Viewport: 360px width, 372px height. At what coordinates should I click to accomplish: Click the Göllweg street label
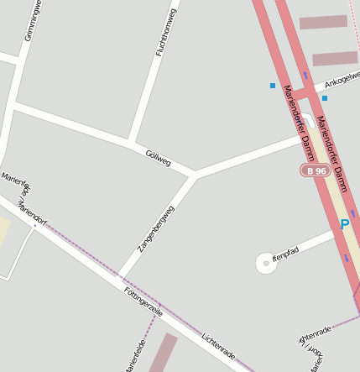tap(158, 157)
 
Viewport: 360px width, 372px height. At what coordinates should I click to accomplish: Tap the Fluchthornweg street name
tap(166, 32)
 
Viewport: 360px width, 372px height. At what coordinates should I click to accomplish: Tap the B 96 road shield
tap(316, 170)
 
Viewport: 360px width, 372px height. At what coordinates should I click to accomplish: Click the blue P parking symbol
tap(344, 225)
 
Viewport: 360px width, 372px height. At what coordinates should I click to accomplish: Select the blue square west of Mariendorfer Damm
tap(272, 86)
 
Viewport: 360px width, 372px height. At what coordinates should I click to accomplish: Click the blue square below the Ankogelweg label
tap(325, 98)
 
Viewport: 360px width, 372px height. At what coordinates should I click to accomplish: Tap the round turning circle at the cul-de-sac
tap(266, 263)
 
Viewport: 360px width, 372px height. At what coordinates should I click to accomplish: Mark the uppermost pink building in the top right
tap(323, 22)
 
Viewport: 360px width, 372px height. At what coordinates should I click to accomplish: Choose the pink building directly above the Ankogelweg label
tap(335, 59)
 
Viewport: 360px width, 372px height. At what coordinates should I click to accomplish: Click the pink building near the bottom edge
tap(162, 353)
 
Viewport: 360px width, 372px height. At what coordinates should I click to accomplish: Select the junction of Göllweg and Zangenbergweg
tap(195, 176)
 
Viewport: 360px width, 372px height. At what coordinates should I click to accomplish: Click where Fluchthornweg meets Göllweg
tap(130, 141)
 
